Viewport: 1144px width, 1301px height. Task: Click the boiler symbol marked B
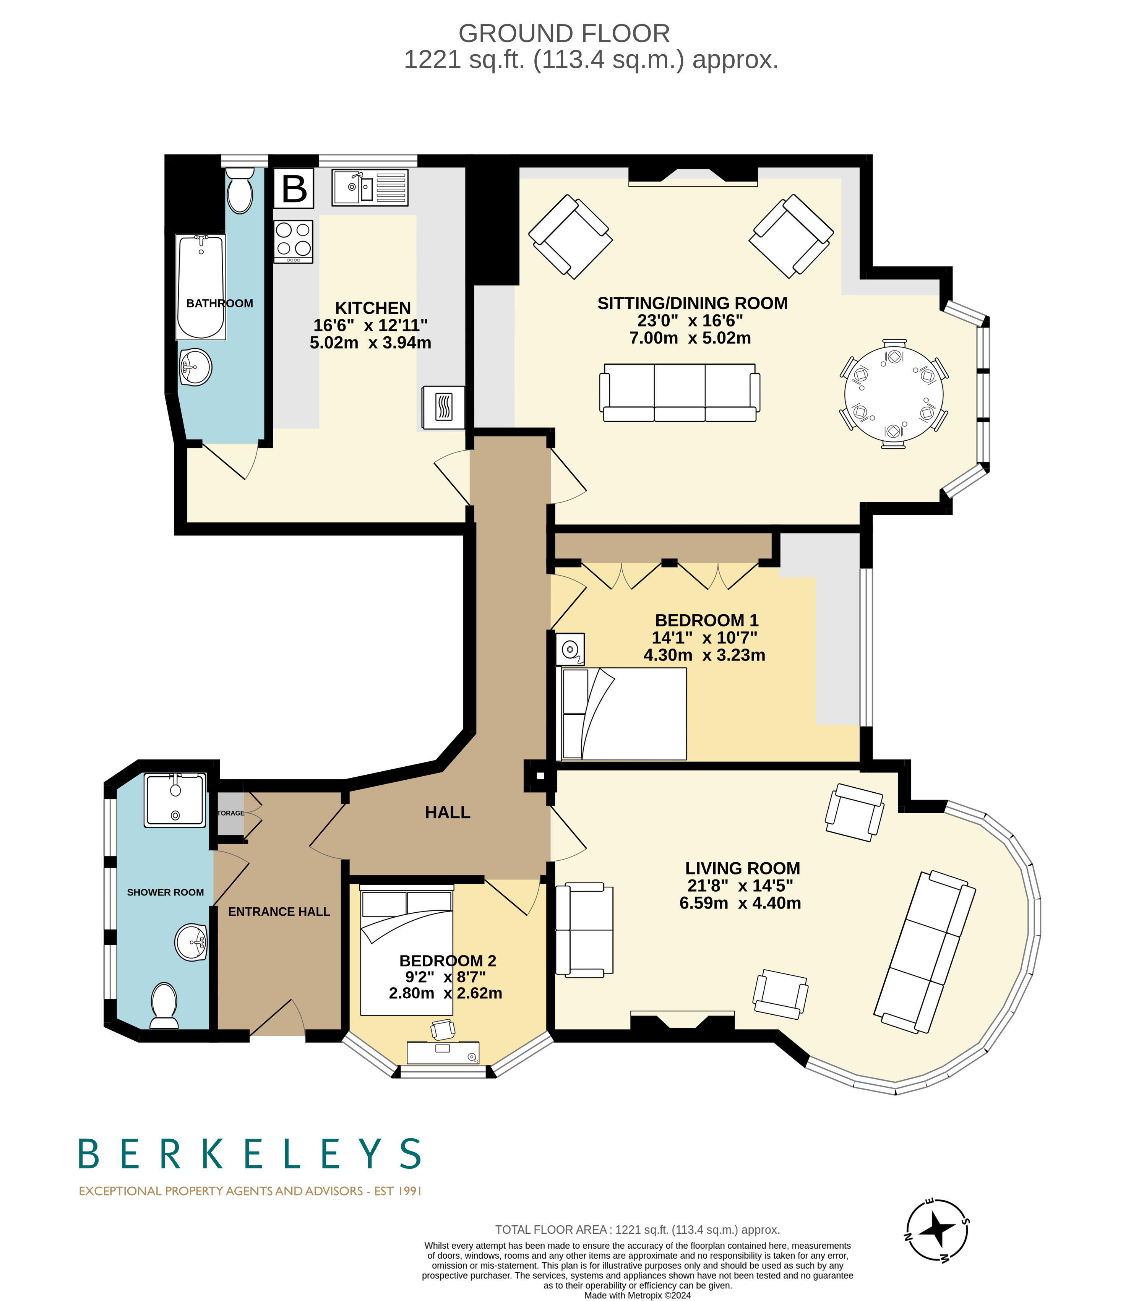[x=294, y=188]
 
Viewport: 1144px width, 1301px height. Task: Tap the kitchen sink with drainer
[x=369, y=188]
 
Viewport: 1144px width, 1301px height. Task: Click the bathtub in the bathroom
[x=201, y=286]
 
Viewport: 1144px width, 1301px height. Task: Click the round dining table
[x=893, y=394]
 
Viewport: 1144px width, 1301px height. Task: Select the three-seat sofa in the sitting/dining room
[x=679, y=393]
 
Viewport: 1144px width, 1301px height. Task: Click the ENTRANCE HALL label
[x=279, y=912]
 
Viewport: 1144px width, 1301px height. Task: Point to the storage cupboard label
[x=230, y=813]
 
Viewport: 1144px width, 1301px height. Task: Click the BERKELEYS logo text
[x=250, y=1155]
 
